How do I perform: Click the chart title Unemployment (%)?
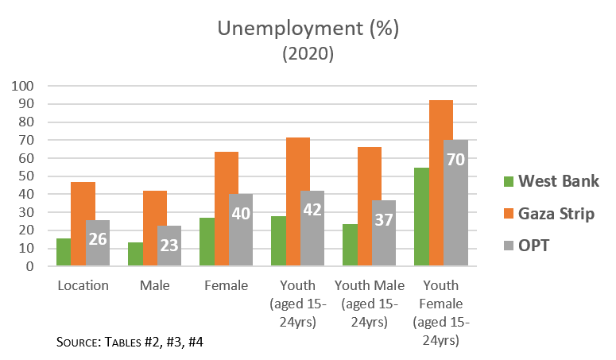click(x=308, y=30)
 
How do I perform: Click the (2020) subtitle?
click(x=308, y=54)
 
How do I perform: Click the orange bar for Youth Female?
click(x=441, y=183)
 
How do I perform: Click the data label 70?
click(x=455, y=159)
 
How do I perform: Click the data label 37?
click(x=383, y=219)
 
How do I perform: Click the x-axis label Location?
click(x=83, y=285)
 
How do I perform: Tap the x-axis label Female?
click(x=226, y=285)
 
